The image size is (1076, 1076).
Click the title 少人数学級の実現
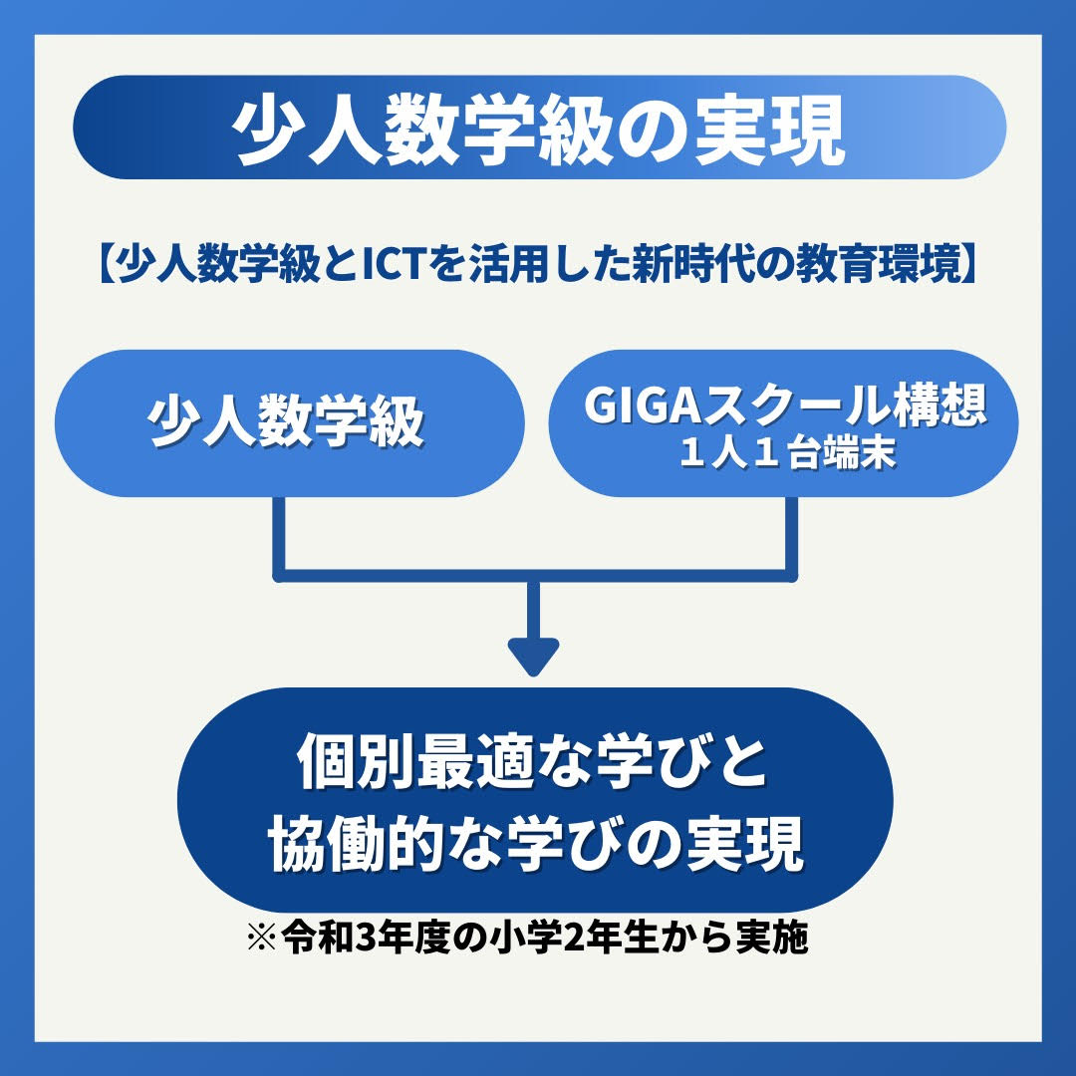(538, 129)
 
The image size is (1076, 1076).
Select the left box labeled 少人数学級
(288, 423)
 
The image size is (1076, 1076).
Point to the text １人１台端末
(783, 453)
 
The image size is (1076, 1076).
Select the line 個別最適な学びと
(534, 765)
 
